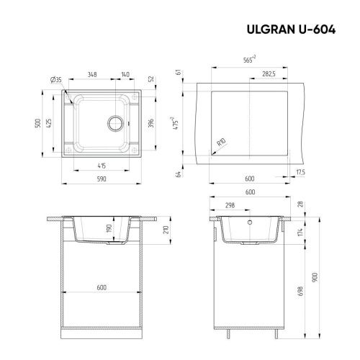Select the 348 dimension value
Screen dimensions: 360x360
tap(93, 74)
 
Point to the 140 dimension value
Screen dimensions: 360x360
tap(125, 74)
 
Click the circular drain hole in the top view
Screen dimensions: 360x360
tap(115, 122)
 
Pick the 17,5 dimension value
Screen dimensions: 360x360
tap(300, 173)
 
